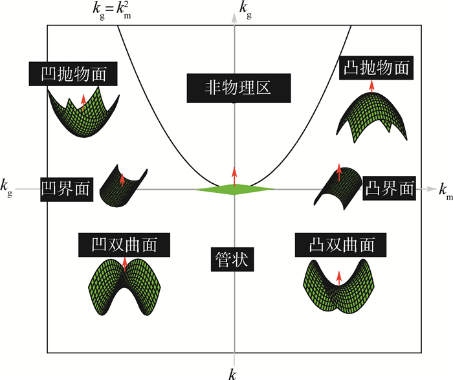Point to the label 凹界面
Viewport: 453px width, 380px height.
click(66, 189)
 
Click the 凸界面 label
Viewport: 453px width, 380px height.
click(389, 188)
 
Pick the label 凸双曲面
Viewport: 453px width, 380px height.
click(342, 245)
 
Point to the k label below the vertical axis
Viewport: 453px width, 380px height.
click(231, 372)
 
